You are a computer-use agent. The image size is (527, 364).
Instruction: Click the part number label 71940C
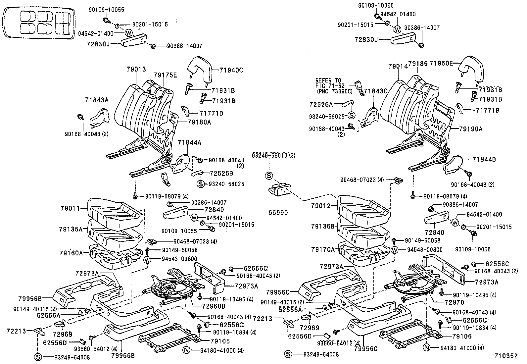pyautogui.click(x=231, y=70)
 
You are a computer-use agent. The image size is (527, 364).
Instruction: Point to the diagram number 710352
pyautogui.click(x=505, y=356)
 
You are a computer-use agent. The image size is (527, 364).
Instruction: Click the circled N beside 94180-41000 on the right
pyautogui.click(x=427, y=348)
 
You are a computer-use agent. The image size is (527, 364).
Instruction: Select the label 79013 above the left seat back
pyautogui.click(x=136, y=69)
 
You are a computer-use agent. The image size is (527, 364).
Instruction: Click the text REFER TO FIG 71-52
pyautogui.click(x=329, y=83)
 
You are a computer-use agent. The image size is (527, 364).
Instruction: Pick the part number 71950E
pyautogui.click(x=441, y=63)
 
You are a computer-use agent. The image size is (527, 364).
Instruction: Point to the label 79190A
pyautogui.click(x=471, y=129)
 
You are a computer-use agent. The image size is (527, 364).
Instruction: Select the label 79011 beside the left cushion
pyautogui.click(x=70, y=208)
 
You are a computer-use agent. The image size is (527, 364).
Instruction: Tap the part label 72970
pyautogui.click(x=450, y=302)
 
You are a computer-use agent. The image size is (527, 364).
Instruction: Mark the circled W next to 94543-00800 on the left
pyautogui.click(x=148, y=260)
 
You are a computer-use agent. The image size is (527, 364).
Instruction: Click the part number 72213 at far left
pyautogui.click(x=16, y=331)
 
